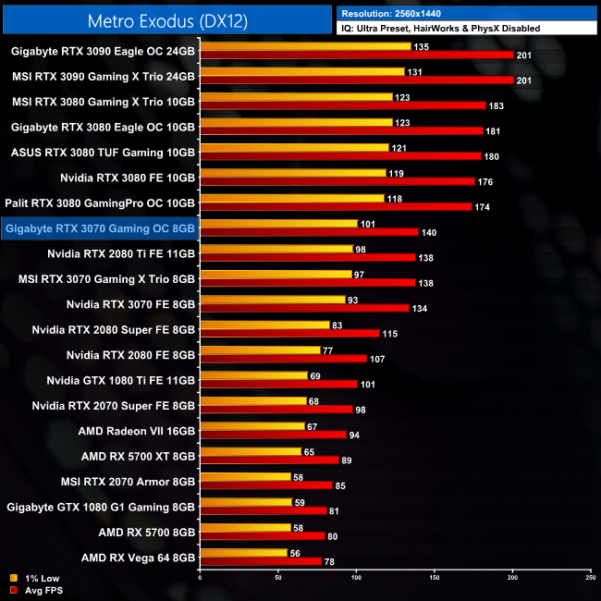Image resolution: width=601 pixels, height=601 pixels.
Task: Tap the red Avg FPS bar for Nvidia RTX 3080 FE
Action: [337, 181]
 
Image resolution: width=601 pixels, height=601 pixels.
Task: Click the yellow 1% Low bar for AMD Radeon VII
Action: [251, 426]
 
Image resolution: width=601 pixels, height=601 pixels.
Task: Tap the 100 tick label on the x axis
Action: [356, 577]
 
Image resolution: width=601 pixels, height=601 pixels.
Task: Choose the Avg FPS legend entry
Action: [38, 589]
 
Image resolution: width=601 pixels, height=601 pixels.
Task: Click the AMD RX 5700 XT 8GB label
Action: [139, 456]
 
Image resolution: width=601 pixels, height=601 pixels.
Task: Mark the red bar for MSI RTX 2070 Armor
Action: [265, 484]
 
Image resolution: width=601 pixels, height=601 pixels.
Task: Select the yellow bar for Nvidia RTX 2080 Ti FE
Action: [276, 248]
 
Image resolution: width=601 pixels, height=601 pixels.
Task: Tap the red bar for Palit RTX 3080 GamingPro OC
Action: [336, 206]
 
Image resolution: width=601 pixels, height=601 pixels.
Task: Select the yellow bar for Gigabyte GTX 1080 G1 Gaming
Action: [245, 503]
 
